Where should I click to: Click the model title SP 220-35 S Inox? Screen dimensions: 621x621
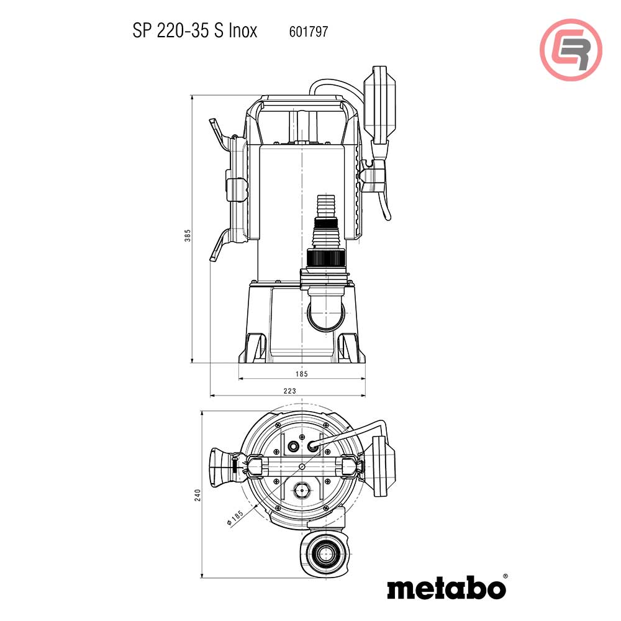pyautogui.click(x=195, y=30)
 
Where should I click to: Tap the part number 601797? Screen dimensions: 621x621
pyautogui.click(x=309, y=32)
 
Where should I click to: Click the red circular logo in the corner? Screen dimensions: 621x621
pyautogui.click(x=571, y=50)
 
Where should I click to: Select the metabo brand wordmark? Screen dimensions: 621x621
pyautogui.click(x=446, y=589)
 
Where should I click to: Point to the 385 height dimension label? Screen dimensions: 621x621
pyautogui.click(x=188, y=235)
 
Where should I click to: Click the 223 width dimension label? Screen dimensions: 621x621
pyautogui.click(x=289, y=391)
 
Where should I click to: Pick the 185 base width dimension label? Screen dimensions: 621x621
pyautogui.click(x=301, y=374)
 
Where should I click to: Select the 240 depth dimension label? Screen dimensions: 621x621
pyautogui.click(x=197, y=495)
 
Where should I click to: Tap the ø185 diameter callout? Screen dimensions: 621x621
pyautogui.click(x=235, y=518)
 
